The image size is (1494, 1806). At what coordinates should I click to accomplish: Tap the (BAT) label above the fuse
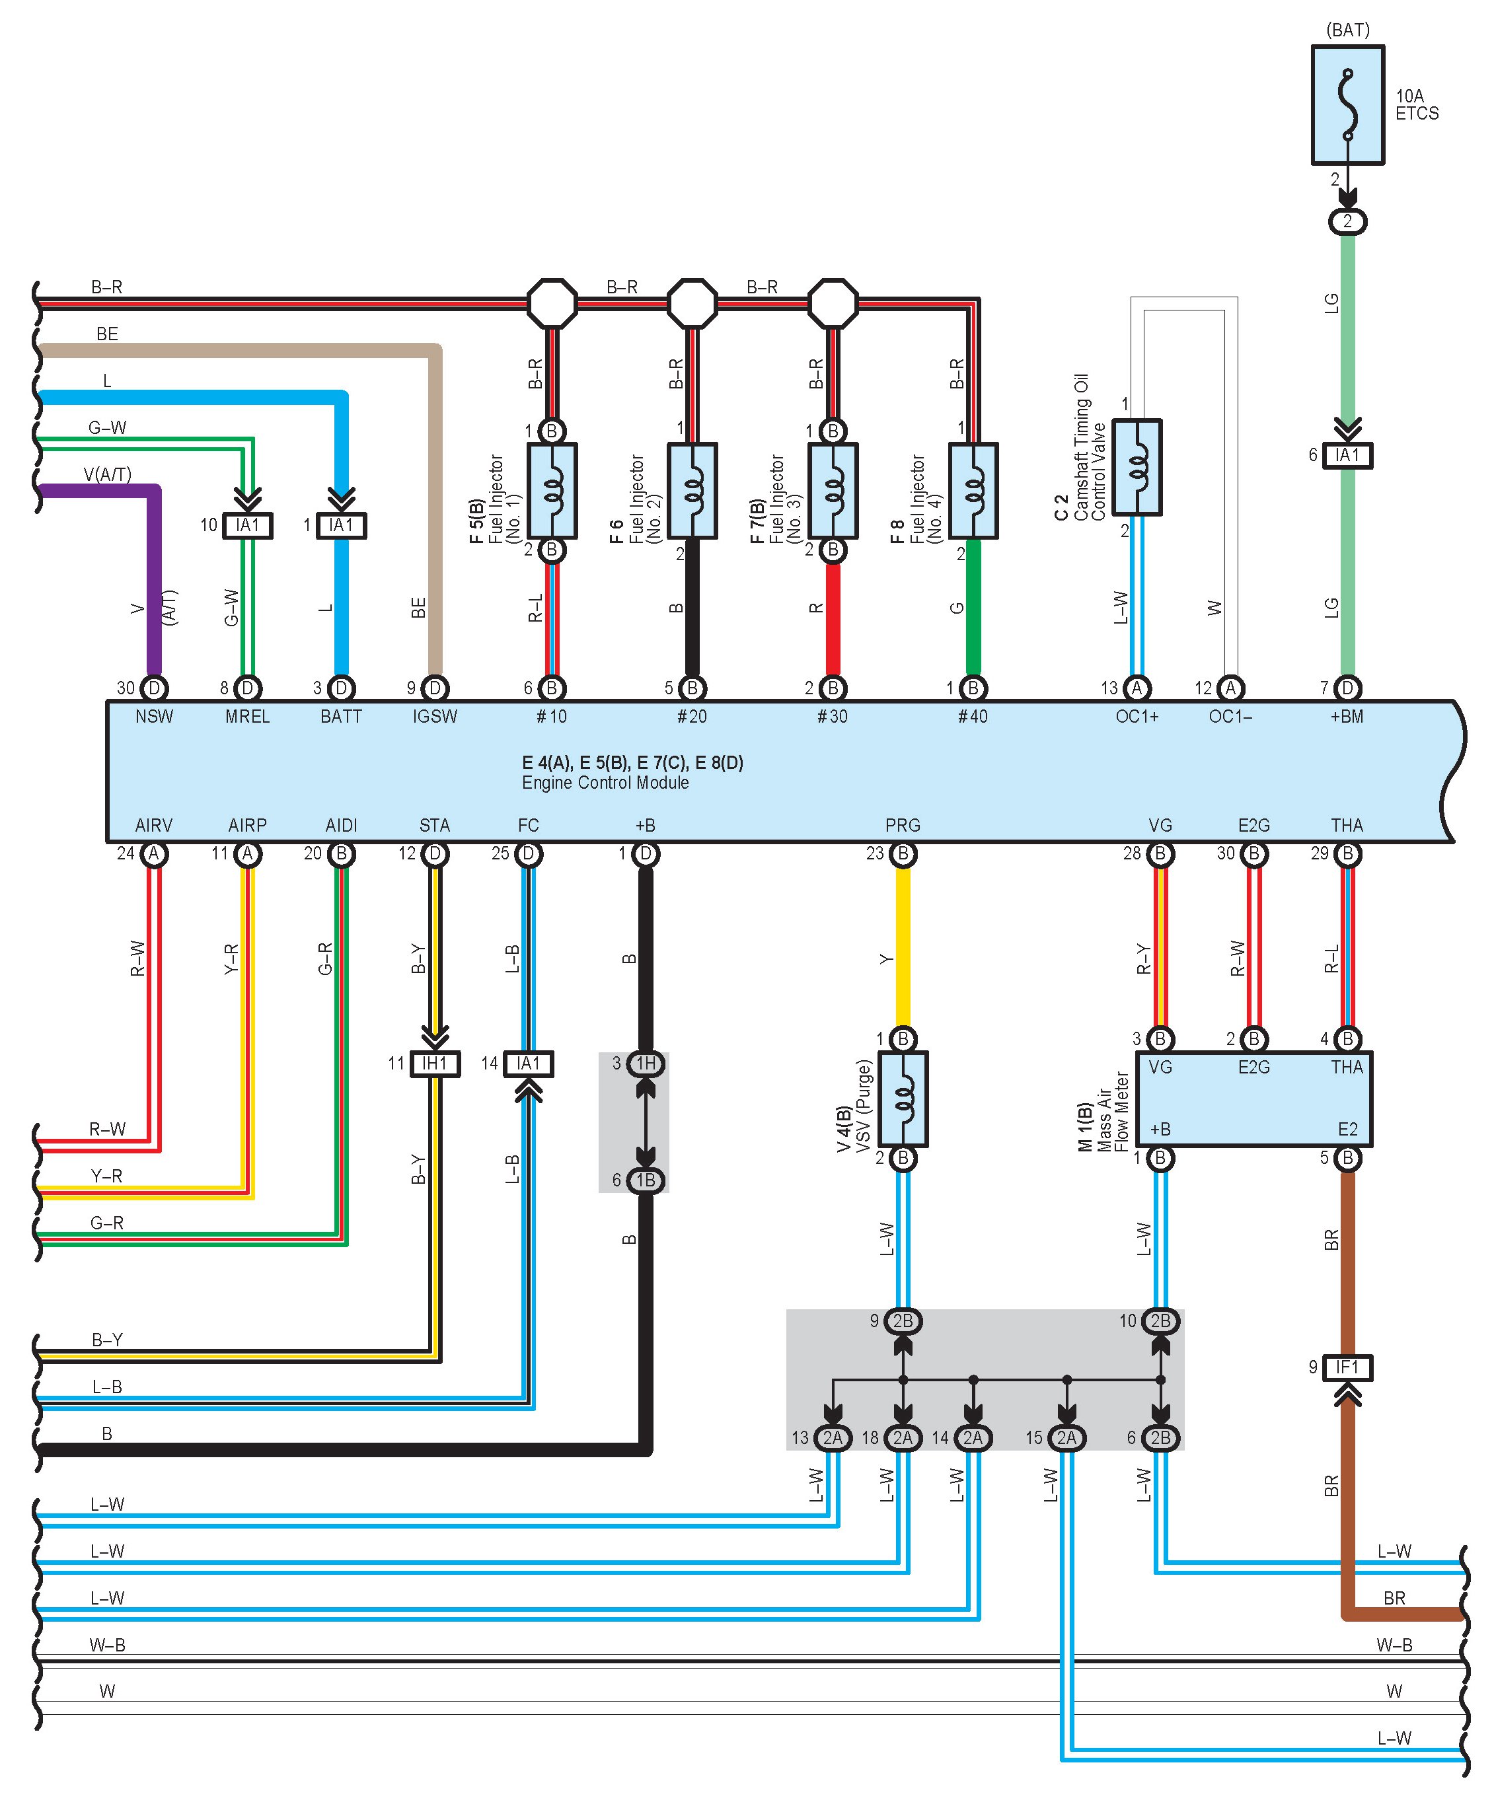click(1347, 30)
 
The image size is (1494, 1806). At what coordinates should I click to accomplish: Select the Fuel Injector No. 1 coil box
click(551, 490)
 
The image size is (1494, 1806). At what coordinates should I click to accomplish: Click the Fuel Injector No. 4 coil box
click(973, 490)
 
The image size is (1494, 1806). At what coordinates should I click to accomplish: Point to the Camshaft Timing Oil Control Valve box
click(1137, 467)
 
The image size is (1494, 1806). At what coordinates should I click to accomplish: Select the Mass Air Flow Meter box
click(1253, 1099)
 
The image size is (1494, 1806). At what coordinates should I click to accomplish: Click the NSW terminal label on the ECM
click(154, 716)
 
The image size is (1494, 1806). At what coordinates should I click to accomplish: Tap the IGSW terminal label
click(434, 716)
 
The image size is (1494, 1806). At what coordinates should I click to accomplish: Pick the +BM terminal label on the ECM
click(1346, 716)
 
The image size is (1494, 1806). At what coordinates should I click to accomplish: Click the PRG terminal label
click(902, 826)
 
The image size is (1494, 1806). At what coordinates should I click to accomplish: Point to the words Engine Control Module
click(605, 783)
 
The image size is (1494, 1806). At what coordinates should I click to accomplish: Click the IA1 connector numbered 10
click(248, 525)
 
